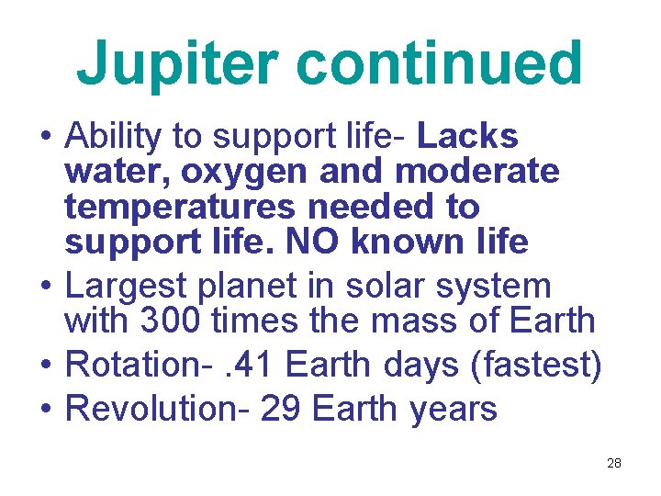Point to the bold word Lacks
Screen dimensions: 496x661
467,136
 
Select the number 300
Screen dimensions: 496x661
171,321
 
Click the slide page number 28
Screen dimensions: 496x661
614,463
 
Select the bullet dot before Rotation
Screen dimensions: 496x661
45,366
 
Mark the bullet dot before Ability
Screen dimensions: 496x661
45,138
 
